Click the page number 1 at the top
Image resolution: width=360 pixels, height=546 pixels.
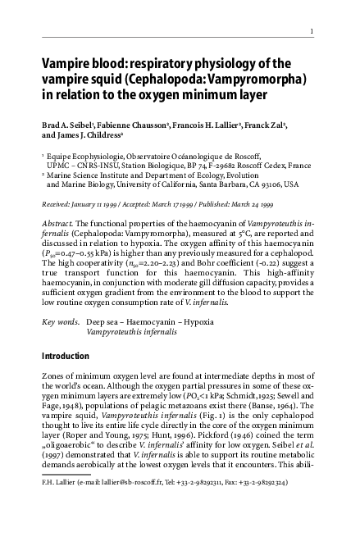[x=312, y=32]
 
